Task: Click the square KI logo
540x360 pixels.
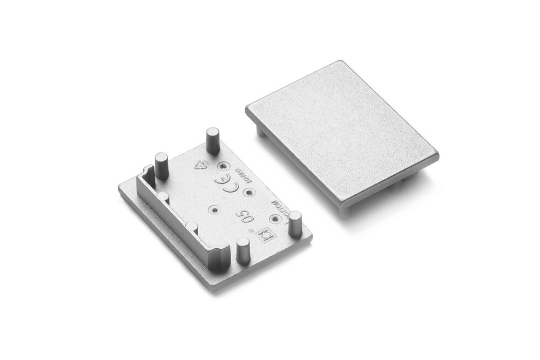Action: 265,235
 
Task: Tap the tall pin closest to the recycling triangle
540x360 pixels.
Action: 212,139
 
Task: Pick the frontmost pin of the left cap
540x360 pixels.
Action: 242,253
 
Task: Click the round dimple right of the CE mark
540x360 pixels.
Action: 248,191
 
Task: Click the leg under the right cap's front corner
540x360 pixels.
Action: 343,210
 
